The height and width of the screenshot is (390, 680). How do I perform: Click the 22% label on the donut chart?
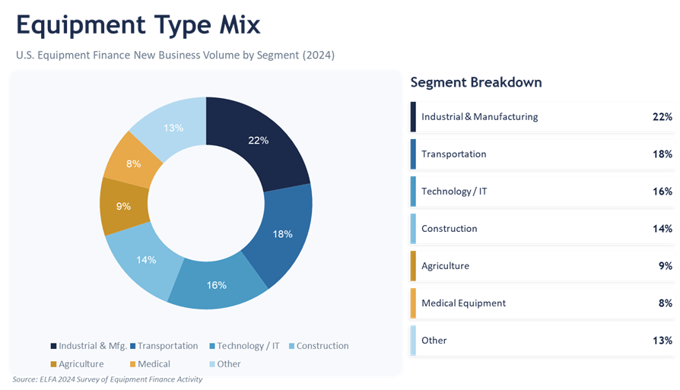(x=259, y=140)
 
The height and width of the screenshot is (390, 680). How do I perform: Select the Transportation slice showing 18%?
(x=283, y=234)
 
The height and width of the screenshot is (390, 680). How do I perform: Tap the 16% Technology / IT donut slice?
(x=217, y=285)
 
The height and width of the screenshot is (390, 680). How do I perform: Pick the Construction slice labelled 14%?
(x=147, y=259)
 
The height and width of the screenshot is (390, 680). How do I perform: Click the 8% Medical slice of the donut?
(x=134, y=163)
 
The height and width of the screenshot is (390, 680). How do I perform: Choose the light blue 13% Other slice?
(x=173, y=128)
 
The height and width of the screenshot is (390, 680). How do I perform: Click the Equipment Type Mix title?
(x=138, y=25)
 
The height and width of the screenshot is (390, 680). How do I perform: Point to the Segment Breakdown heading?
(x=475, y=82)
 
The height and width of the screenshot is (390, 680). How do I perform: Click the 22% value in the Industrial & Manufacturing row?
(x=662, y=117)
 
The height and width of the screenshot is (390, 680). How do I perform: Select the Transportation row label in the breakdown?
(x=453, y=154)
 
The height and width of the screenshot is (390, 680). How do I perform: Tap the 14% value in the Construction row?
(x=662, y=229)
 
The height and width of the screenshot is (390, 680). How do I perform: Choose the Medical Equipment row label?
(x=463, y=303)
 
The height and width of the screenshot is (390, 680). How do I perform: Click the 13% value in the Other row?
(x=662, y=341)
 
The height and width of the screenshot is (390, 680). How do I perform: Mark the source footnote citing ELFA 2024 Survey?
(x=107, y=379)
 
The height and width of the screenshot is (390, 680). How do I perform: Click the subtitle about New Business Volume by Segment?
(x=175, y=55)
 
